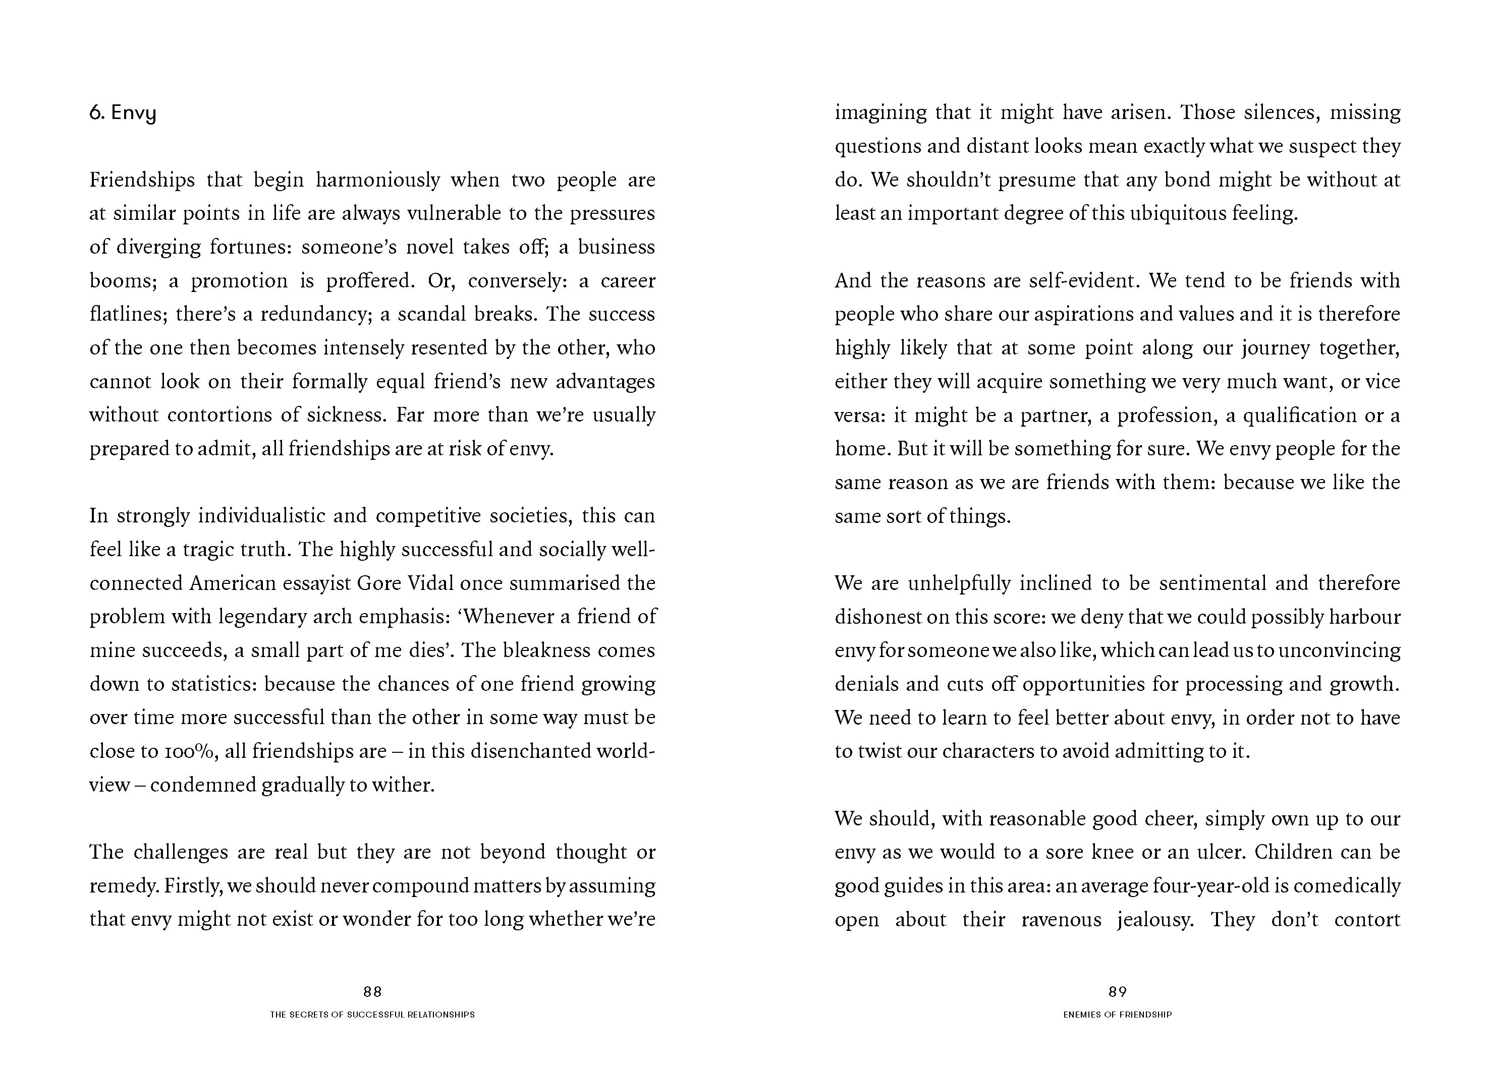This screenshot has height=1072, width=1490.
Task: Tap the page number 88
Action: click(x=372, y=992)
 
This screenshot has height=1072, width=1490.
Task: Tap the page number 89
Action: click(x=1118, y=992)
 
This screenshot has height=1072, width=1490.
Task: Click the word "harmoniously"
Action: click(x=378, y=180)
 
